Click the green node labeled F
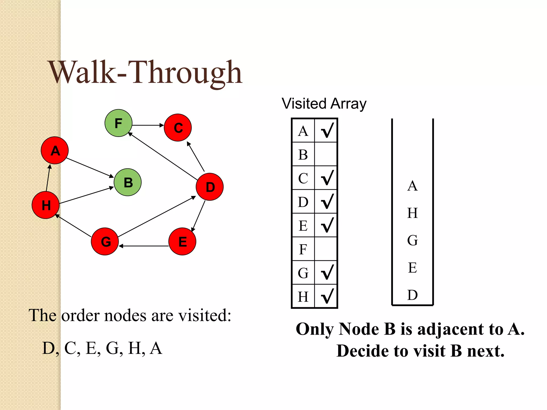pos(118,123)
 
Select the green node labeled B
pos(128,182)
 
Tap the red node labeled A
pos(55,150)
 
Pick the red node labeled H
pos(45,205)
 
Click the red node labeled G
pos(105,241)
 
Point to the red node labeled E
pos(182,241)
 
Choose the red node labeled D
pos(210,187)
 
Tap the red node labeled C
pos(178,128)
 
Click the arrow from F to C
pos(148,125)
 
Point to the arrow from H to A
pos(48,178)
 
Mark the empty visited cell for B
pos(326,154)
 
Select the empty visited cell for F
pos(326,249)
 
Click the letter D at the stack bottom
pos(412,295)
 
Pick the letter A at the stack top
pos(412,186)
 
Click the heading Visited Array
pos(324,104)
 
